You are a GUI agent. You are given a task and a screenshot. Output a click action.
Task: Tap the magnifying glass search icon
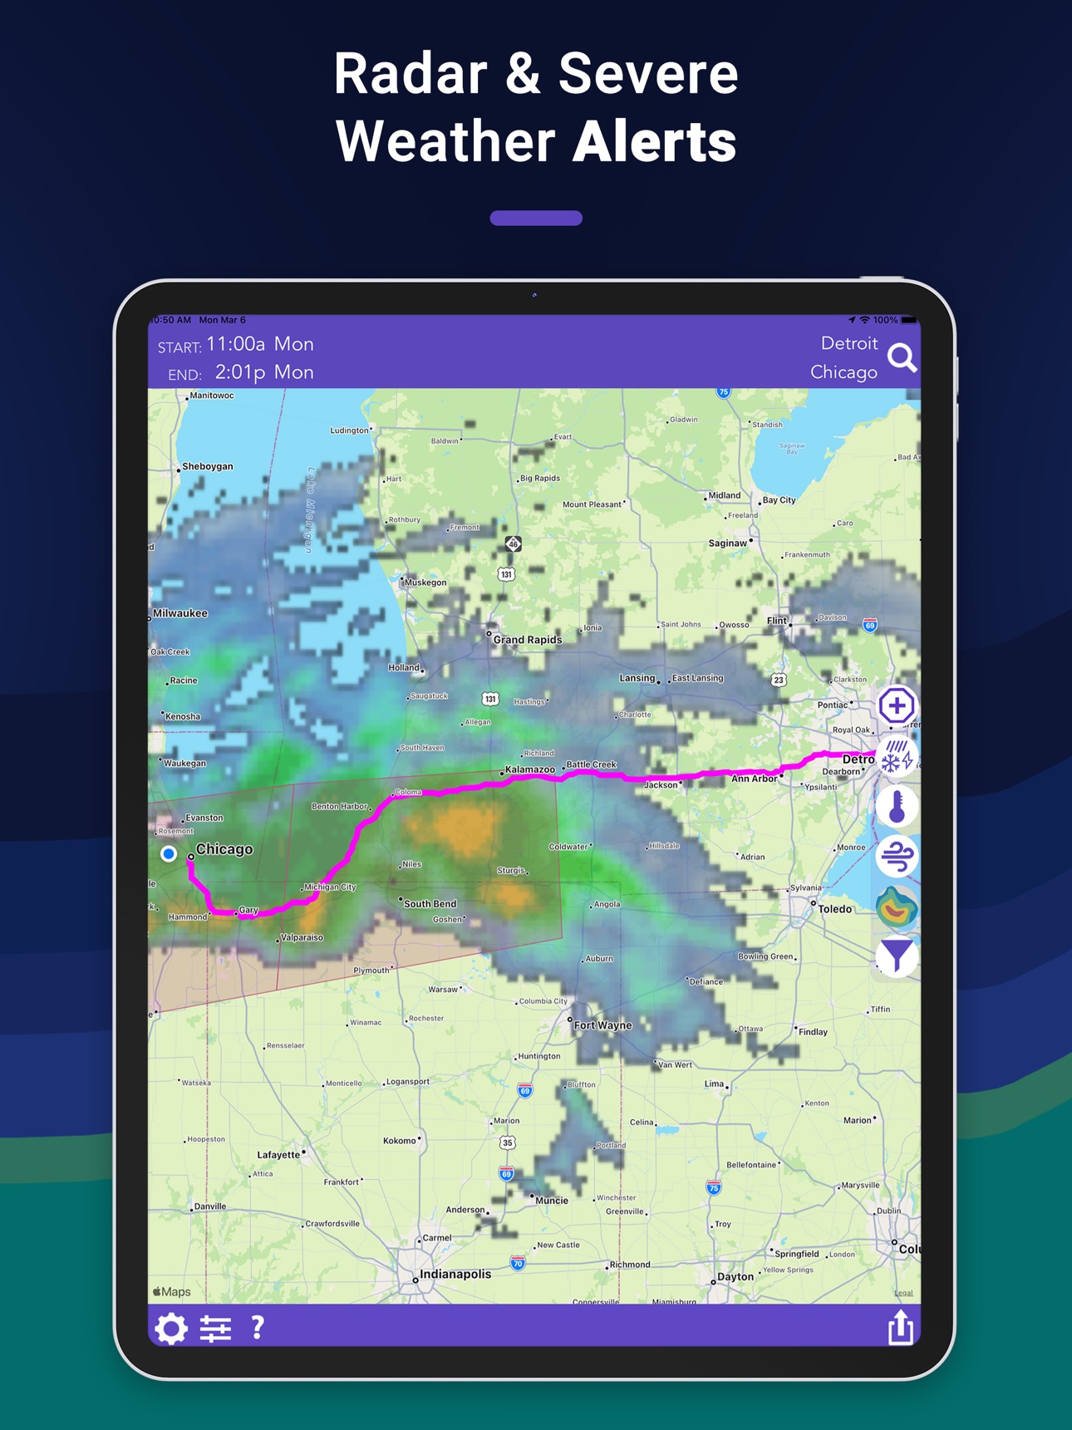902,358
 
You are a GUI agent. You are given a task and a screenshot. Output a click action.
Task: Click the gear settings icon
171,1328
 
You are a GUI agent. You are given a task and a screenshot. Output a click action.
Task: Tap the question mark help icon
258,1327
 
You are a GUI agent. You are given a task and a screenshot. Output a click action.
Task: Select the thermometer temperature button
897,807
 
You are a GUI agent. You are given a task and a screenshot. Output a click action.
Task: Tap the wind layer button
897,857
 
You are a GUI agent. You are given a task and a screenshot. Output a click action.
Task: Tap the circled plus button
897,706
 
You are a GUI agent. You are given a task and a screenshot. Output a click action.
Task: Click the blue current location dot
169,853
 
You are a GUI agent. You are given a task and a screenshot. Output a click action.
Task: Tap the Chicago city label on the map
224,849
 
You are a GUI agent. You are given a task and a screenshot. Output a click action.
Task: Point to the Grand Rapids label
528,640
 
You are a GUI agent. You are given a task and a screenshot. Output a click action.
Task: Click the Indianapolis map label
455,1274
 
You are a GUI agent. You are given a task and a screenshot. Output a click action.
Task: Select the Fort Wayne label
602,1025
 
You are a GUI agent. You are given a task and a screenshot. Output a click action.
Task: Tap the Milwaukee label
180,613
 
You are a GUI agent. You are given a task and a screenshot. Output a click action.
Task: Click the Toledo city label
834,909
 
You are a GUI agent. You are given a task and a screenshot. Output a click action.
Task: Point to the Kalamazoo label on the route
530,769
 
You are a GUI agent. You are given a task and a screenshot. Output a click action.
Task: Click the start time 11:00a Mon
260,344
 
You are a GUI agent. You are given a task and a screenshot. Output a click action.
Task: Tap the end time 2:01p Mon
264,372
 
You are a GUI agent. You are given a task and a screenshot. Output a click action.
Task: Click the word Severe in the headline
648,73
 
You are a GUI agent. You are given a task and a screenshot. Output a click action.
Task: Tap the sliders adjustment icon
216,1328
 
